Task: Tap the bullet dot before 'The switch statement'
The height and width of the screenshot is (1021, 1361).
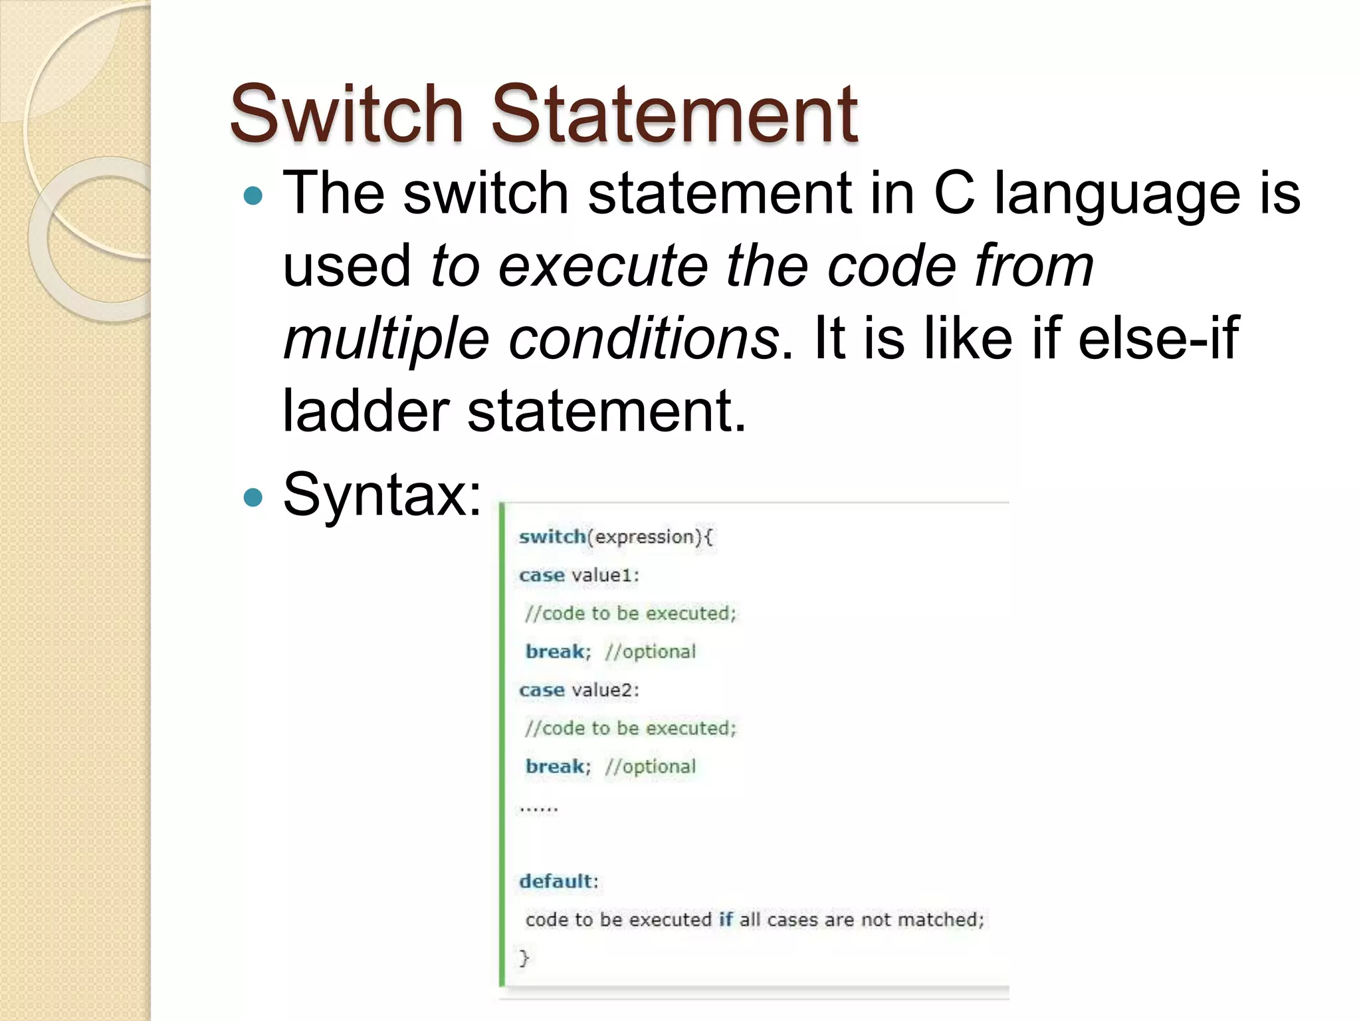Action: (253, 196)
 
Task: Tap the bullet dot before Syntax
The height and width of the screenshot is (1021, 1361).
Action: (253, 497)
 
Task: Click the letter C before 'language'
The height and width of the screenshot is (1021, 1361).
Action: (954, 193)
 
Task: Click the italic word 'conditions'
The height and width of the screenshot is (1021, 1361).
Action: (644, 338)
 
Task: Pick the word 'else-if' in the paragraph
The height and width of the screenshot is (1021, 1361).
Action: (1158, 338)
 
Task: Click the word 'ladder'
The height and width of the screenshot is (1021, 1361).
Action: (366, 411)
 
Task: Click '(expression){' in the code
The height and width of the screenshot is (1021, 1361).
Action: (650, 536)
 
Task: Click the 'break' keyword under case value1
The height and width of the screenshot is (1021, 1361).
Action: (555, 651)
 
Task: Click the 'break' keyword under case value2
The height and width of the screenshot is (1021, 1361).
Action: (555, 766)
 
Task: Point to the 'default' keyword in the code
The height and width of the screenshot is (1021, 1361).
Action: (556, 881)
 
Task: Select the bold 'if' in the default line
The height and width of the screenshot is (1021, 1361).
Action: (726, 919)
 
